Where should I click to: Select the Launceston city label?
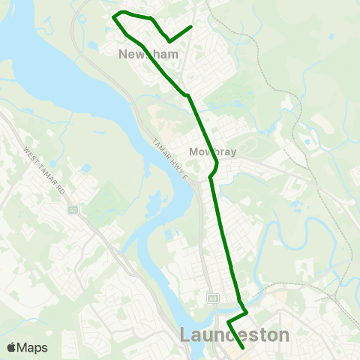pos(235,334)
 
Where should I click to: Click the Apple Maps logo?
pos(27,347)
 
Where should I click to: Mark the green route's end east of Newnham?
pos(192,27)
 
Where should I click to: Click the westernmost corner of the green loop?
pos(112,16)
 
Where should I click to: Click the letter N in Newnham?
pos(123,54)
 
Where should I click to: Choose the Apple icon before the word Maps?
pos(11,347)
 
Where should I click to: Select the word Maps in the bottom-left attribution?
pos(32,347)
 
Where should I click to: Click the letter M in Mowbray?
pos(193,151)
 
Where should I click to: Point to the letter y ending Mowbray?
pos(233,153)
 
